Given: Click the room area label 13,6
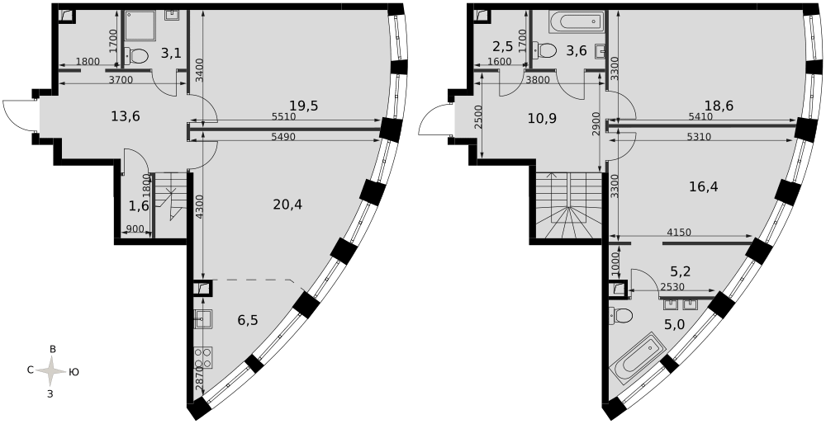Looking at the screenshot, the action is [x=126, y=117].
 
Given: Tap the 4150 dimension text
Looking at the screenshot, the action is [x=679, y=232].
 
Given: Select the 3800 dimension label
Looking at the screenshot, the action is [x=538, y=80].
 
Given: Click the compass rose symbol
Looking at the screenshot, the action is [x=51, y=371].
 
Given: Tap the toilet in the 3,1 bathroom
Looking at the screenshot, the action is [x=136, y=54].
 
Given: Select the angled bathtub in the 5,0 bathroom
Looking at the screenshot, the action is [x=638, y=358].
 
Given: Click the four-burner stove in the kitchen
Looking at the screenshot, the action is [x=203, y=359].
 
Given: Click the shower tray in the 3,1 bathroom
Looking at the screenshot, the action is [x=140, y=26].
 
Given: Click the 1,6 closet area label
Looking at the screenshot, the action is [x=139, y=205].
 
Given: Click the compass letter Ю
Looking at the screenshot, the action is [x=74, y=372].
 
